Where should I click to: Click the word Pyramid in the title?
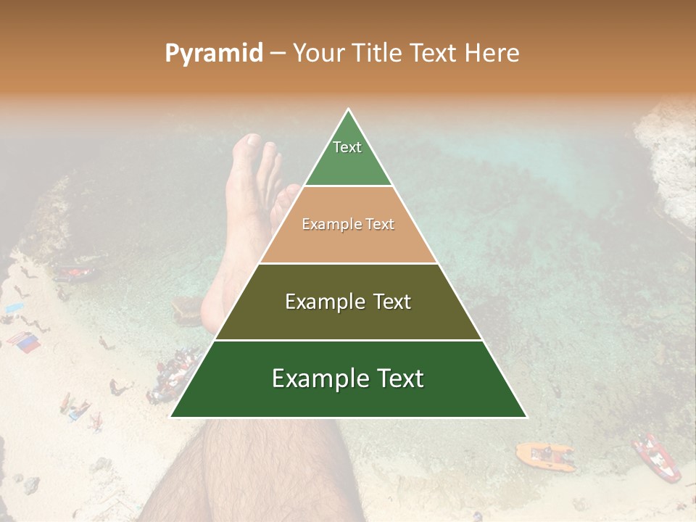click(x=213, y=54)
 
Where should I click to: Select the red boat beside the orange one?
click(x=655, y=457)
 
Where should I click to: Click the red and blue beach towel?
click(x=24, y=341)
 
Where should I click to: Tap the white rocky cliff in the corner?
click(x=667, y=152)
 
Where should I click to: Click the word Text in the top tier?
click(x=347, y=147)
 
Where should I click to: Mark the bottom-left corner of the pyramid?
click(x=171, y=417)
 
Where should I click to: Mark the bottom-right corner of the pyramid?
click(x=526, y=417)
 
